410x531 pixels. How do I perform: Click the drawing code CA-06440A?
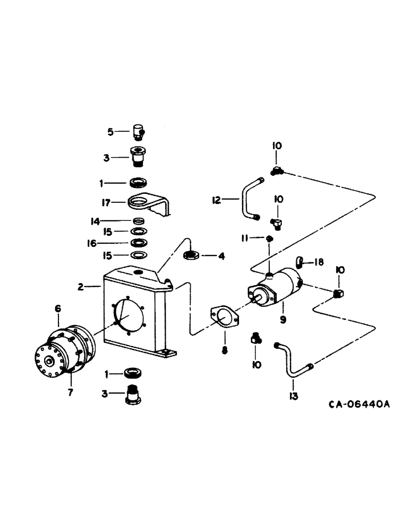point(359,404)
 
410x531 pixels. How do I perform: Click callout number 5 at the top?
point(110,131)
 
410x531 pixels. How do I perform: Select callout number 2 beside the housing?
point(81,287)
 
